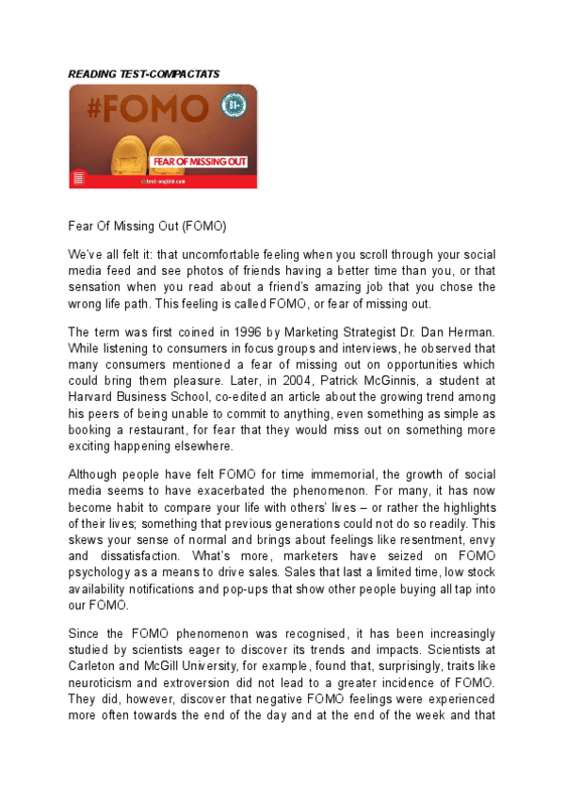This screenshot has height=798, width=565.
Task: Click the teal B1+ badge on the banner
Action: click(x=233, y=105)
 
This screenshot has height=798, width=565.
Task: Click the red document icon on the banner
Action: click(x=79, y=178)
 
